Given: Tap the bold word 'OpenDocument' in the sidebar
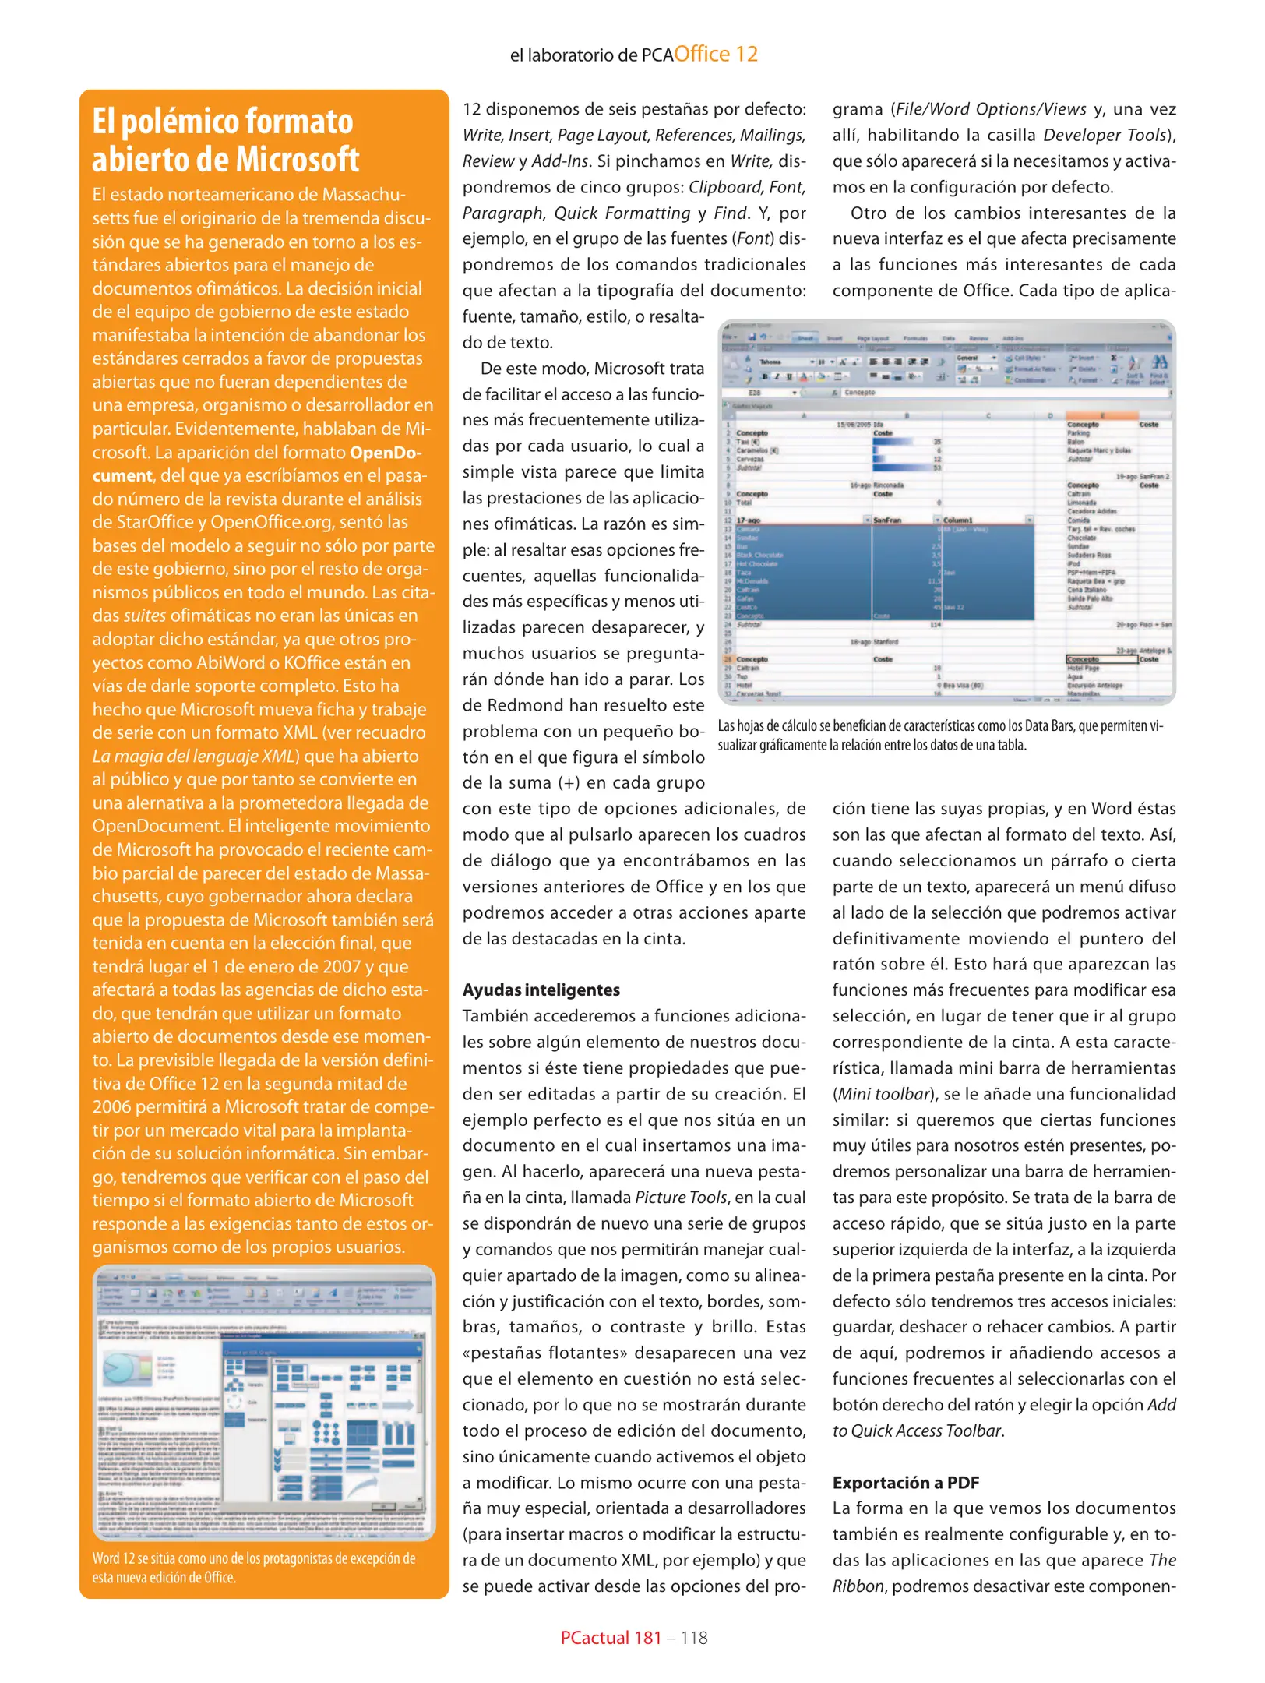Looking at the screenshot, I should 386,453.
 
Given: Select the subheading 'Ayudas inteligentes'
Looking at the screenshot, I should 541,990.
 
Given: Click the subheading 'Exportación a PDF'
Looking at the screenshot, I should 905,1482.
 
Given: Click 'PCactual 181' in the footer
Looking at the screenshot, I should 611,1638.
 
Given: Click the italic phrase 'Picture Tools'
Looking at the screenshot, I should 681,1197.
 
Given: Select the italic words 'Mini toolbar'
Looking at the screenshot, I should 883,1093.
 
